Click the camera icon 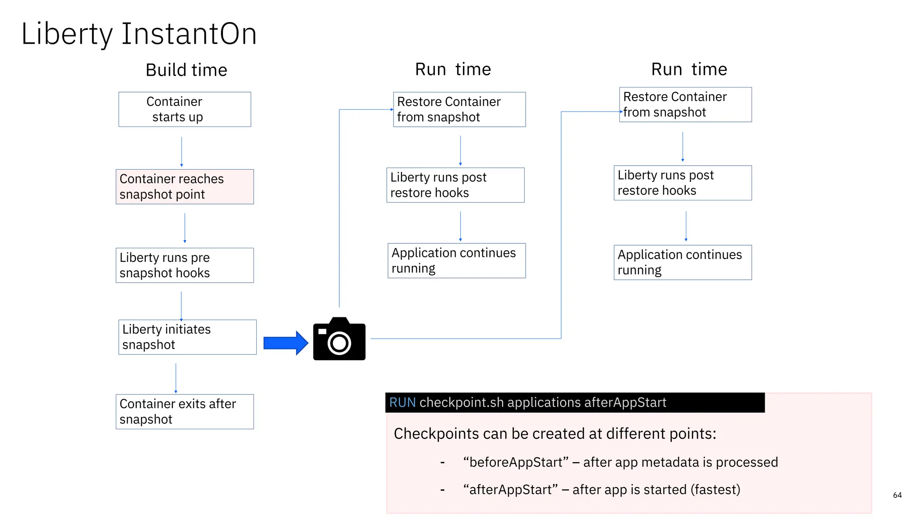tap(339, 339)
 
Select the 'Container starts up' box tap(185, 109)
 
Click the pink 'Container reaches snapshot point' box tap(185, 186)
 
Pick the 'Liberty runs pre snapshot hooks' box tap(185, 265)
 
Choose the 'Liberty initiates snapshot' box tap(187, 337)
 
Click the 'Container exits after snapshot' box tap(185, 411)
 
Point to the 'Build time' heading tap(186, 70)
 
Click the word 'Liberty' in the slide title tap(67, 34)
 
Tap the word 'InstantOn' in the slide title tap(189, 34)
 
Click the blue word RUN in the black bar tap(402, 402)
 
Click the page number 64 tap(897, 495)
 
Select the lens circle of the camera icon tap(339, 344)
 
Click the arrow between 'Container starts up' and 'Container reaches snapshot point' tap(182, 151)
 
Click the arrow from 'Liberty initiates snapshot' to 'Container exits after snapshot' tap(176, 378)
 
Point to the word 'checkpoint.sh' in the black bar tap(461, 402)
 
